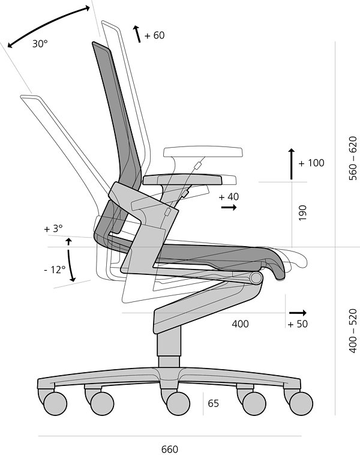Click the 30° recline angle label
click(x=40, y=44)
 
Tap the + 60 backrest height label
click(x=155, y=35)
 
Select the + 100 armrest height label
click(x=311, y=163)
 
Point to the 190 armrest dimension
click(x=302, y=212)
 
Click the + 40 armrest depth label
click(x=229, y=197)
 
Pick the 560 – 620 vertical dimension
click(x=352, y=158)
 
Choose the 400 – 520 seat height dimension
click(x=352, y=331)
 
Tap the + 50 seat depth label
click(x=298, y=324)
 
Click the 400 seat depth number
click(x=240, y=324)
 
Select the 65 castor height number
click(x=213, y=403)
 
